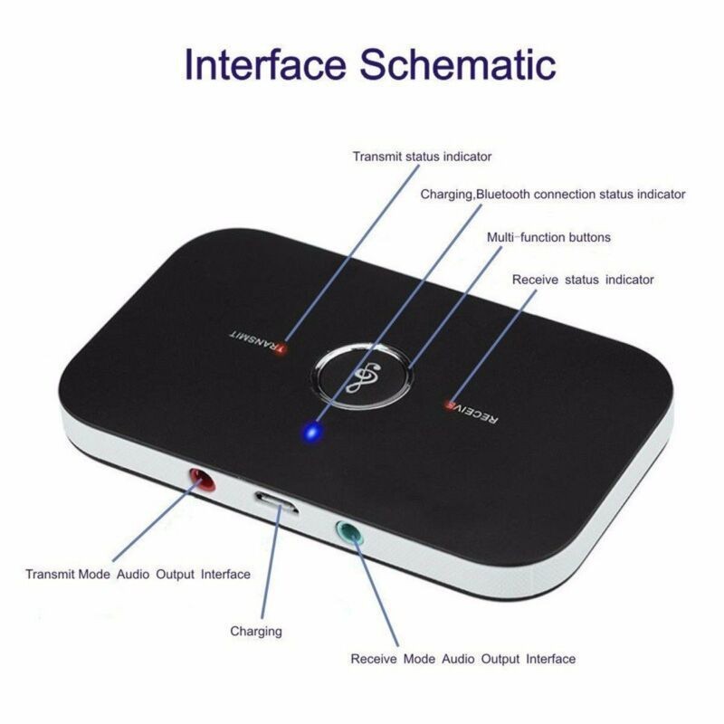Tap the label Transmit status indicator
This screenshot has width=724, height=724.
click(x=422, y=157)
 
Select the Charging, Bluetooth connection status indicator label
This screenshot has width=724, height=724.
click(x=553, y=194)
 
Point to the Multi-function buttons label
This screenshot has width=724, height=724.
click(x=548, y=237)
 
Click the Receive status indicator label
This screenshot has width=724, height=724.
click(x=583, y=280)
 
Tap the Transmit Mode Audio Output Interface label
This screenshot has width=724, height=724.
click(x=138, y=574)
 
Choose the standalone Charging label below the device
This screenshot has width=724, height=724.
click(x=256, y=631)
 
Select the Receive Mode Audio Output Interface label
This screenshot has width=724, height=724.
click(x=462, y=659)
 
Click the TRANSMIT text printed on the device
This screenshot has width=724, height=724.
click(x=253, y=338)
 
